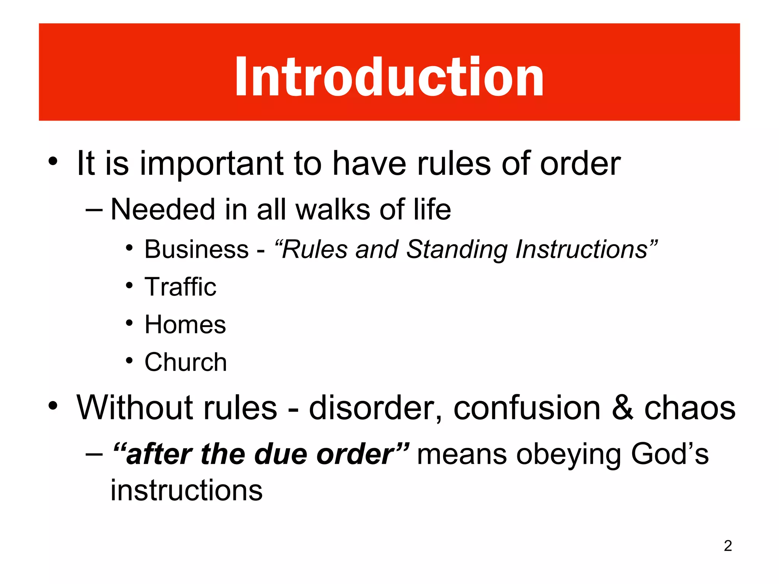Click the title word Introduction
click(x=389, y=77)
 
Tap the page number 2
click(x=728, y=546)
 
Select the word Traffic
click(x=180, y=287)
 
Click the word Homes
click(x=185, y=324)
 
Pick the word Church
click(x=186, y=362)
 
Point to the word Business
click(x=196, y=249)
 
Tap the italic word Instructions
click(x=582, y=249)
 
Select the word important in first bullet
click(x=211, y=164)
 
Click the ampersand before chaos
click(x=623, y=408)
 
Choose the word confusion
click(x=527, y=408)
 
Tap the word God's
click(x=670, y=454)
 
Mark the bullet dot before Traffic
click(x=129, y=285)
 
